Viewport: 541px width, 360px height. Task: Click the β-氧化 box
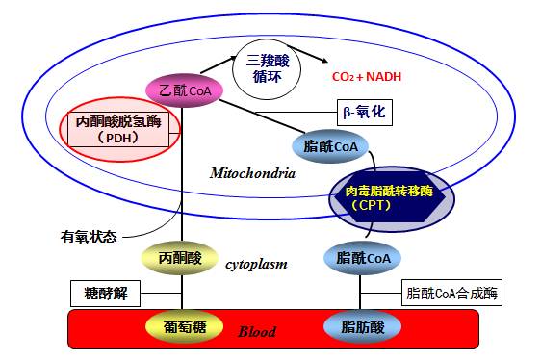coord(362,112)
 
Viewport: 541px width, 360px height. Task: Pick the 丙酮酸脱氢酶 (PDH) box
coord(121,130)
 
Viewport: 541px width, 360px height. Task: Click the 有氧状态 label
coord(88,236)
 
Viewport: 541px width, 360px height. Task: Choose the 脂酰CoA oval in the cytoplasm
coord(363,258)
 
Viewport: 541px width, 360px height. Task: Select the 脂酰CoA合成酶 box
coord(451,293)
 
